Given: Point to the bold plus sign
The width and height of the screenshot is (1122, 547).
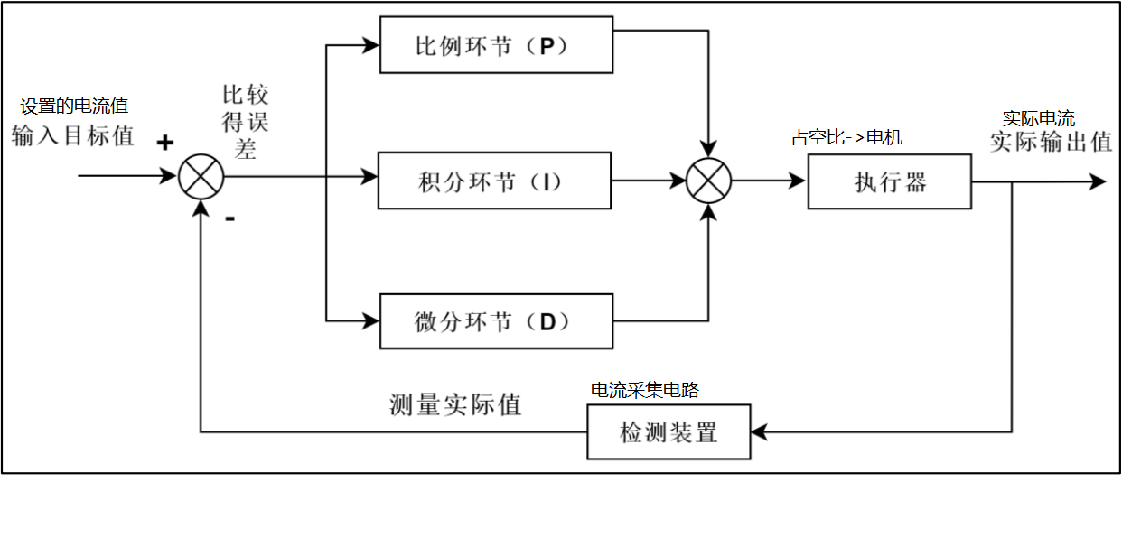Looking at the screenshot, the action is pyautogui.click(x=164, y=143).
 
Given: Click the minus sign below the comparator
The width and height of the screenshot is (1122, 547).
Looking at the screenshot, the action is pyautogui.click(x=229, y=218).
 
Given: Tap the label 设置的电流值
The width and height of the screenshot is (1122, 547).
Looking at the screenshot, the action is pyautogui.click(x=74, y=107).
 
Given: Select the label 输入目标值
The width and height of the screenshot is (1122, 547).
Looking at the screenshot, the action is pyautogui.click(x=73, y=136).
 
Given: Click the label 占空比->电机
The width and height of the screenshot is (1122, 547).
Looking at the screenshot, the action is pyautogui.click(x=847, y=137).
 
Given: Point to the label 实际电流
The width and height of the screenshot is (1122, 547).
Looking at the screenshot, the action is pyautogui.click(x=1038, y=118).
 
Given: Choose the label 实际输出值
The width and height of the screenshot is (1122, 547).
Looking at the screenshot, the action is pyautogui.click(x=1051, y=142).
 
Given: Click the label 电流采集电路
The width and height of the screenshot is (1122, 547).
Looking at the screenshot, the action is pyautogui.click(x=645, y=390).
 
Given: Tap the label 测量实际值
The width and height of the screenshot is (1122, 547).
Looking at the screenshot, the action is pyautogui.click(x=455, y=404).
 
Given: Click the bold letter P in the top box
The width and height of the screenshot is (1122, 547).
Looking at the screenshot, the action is pyautogui.click(x=547, y=46).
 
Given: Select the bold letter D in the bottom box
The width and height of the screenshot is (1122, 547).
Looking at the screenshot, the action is pyautogui.click(x=548, y=322).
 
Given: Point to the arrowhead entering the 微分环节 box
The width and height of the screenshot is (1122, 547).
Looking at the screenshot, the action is pyautogui.click(x=370, y=320).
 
